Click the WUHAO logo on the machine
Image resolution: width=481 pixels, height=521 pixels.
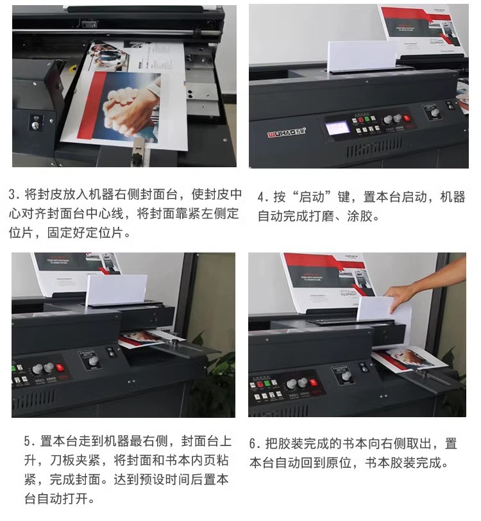click(x=287, y=132)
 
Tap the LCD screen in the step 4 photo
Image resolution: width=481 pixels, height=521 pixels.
click(x=337, y=128)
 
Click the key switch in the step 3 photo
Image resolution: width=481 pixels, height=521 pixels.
click(x=35, y=124)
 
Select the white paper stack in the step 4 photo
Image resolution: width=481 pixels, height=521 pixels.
click(x=361, y=56)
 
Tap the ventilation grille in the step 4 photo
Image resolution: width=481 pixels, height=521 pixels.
click(x=375, y=148)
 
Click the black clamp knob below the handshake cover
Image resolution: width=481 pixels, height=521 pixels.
click(x=137, y=158)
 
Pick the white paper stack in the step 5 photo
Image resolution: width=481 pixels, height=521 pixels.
click(x=116, y=290)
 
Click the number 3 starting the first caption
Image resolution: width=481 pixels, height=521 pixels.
click(x=12, y=195)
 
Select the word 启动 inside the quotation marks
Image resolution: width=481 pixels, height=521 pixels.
click(x=311, y=197)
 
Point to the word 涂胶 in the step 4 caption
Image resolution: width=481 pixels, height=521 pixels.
click(x=360, y=217)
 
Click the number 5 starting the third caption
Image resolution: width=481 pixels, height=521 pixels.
click(x=28, y=442)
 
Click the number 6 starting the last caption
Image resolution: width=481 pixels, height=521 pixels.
click(x=253, y=444)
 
